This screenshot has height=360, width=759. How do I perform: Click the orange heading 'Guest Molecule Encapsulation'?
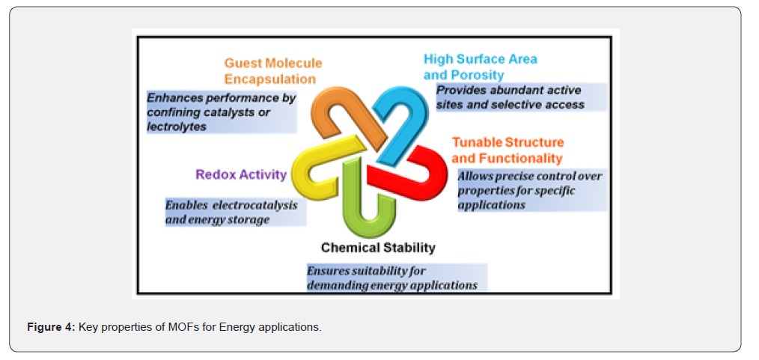tap(273, 70)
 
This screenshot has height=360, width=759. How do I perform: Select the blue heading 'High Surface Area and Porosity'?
tap(481, 67)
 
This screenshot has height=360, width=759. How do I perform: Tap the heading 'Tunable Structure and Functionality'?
tap(507, 150)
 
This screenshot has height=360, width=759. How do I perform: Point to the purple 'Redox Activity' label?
tap(241, 174)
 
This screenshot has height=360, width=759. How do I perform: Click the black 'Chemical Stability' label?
tap(378, 248)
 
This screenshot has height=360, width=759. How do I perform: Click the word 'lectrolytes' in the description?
tap(177, 126)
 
